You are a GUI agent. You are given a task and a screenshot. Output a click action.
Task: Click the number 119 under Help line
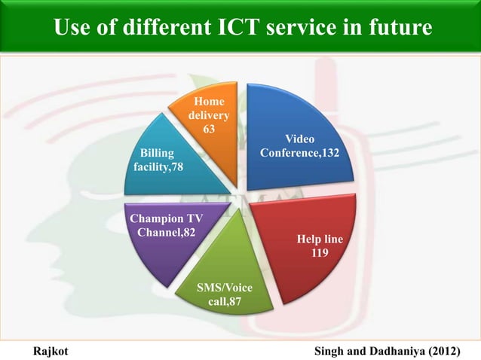click(320, 254)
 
